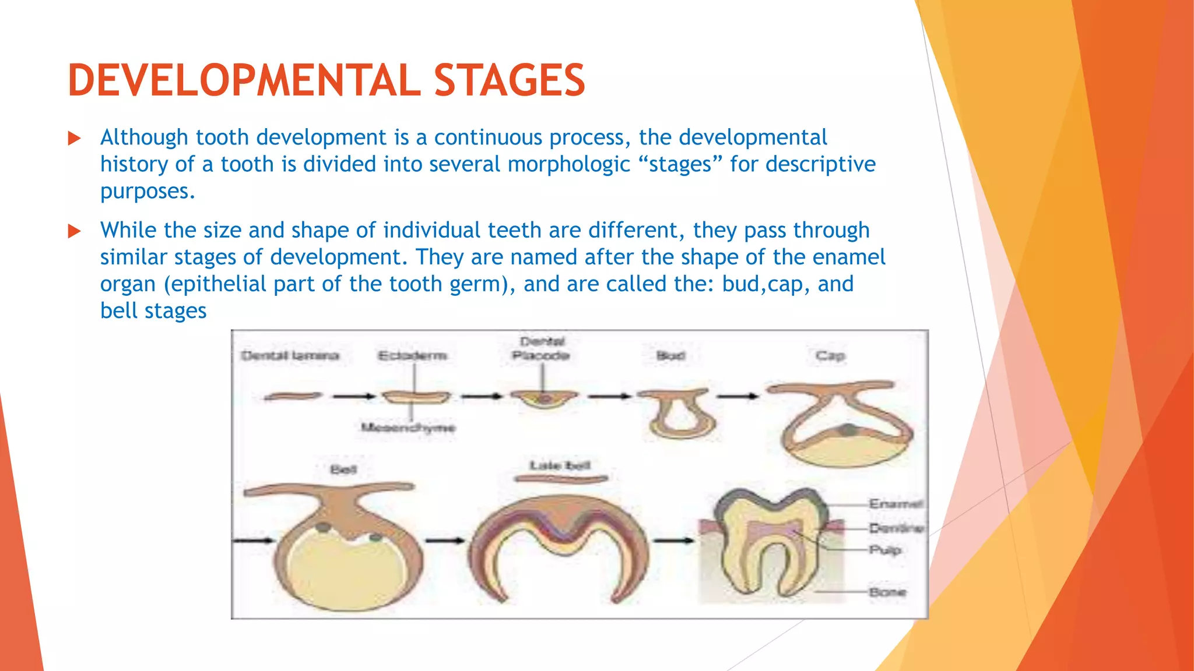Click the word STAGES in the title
tap(509, 80)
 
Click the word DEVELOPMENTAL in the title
tap(244, 80)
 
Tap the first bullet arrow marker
tap(74, 139)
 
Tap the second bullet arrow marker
tap(74, 231)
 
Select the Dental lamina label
tap(290, 355)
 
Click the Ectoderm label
tap(412, 355)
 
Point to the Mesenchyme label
tap(408, 428)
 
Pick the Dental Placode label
tap(542, 348)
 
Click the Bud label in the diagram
tap(670, 355)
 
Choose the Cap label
tap(830, 355)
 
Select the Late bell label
tap(560, 465)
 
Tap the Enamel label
tap(895, 504)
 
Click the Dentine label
tap(896, 528)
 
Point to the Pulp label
tap(885, 550)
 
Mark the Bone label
tap(887, 592)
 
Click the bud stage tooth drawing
tap(679, 414)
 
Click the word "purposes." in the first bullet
tap(148, 191)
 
